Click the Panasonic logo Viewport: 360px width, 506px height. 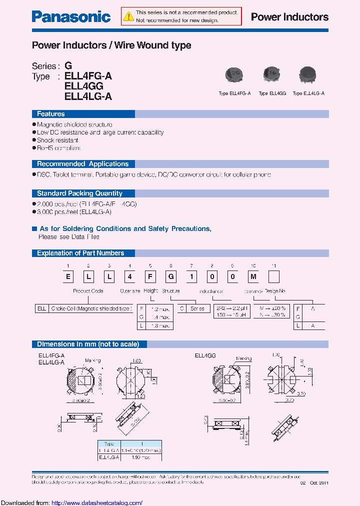pos(71,17)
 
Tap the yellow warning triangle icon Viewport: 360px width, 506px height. pos(129,16)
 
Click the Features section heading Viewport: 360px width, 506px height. pos(50,114)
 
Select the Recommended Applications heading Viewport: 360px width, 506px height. pos(82,164)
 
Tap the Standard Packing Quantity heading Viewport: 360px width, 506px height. pos(79,193)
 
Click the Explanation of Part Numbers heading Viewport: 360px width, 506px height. pos(80,253)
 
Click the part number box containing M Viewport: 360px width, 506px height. pos(253,276)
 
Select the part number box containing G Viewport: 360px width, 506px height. pos(170,276)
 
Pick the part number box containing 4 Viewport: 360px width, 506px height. pos(129,276)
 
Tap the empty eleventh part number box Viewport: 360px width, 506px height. pos(274,276)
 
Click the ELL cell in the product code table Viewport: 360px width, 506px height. pos(41,309)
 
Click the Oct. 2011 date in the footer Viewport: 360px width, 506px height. pos(318,482)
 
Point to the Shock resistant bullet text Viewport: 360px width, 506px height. pos(57,140)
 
